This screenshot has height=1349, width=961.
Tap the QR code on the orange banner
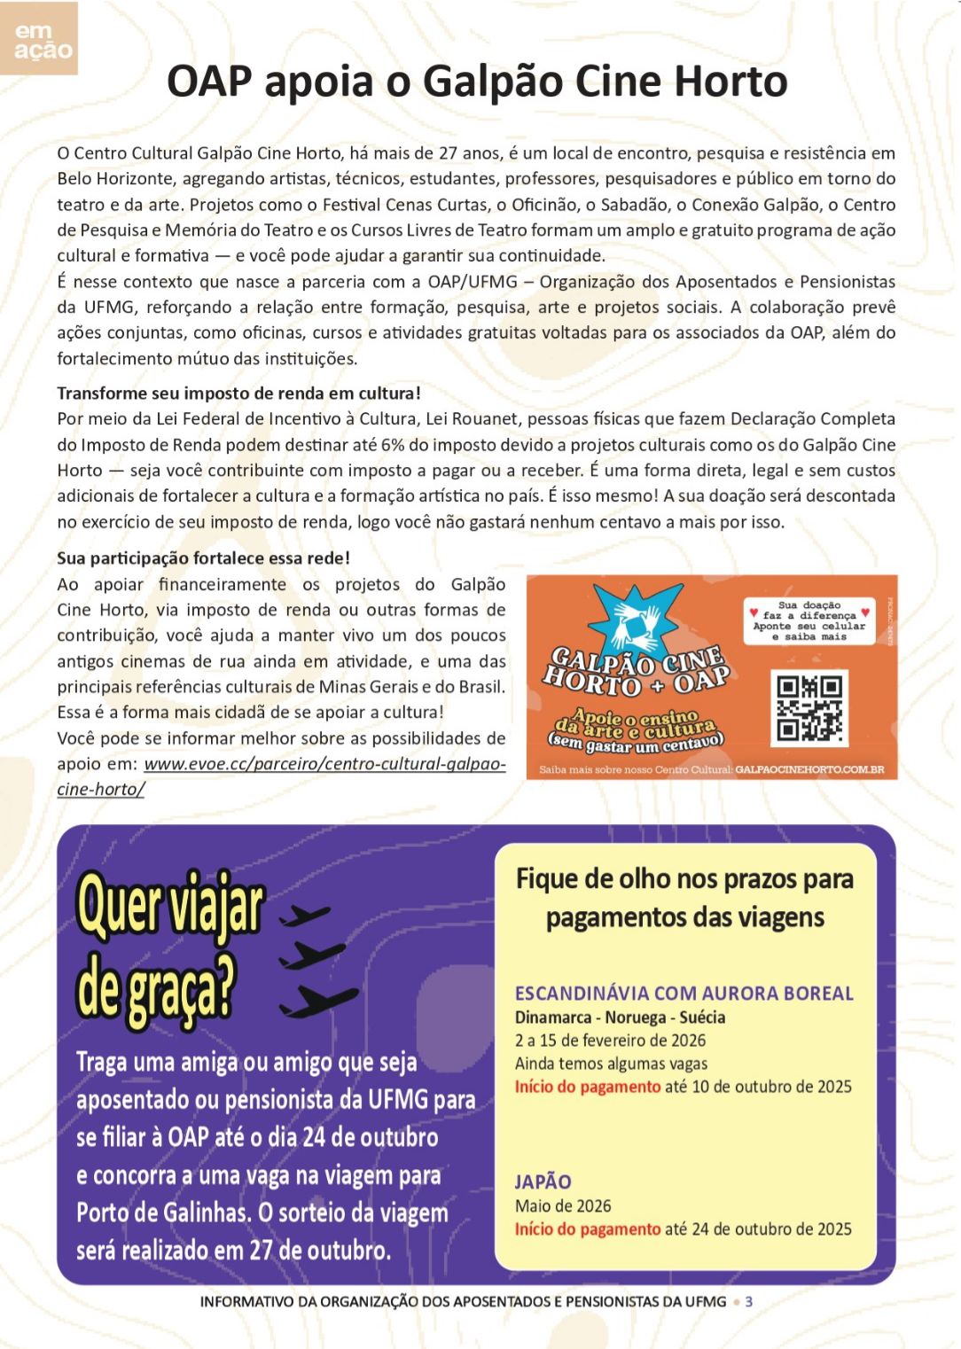[809, 708]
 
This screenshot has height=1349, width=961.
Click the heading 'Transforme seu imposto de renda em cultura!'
[238, 394]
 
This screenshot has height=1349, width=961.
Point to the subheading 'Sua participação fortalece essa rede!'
[203, 558]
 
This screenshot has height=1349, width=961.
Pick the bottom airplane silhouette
[318, 1002]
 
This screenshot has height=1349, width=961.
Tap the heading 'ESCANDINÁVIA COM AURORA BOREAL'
[684, 994]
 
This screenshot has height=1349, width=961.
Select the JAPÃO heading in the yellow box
[543, 1181]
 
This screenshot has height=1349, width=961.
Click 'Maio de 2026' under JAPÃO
[563, 1206]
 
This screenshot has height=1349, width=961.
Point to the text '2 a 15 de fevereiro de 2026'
[610, 1041]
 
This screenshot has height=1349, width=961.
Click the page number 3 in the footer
[749, 1302]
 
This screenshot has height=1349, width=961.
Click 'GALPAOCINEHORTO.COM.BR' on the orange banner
[809, 769]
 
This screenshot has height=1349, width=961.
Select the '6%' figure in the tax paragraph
[392, 445]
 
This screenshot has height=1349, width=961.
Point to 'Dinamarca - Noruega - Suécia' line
[620, 1018]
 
